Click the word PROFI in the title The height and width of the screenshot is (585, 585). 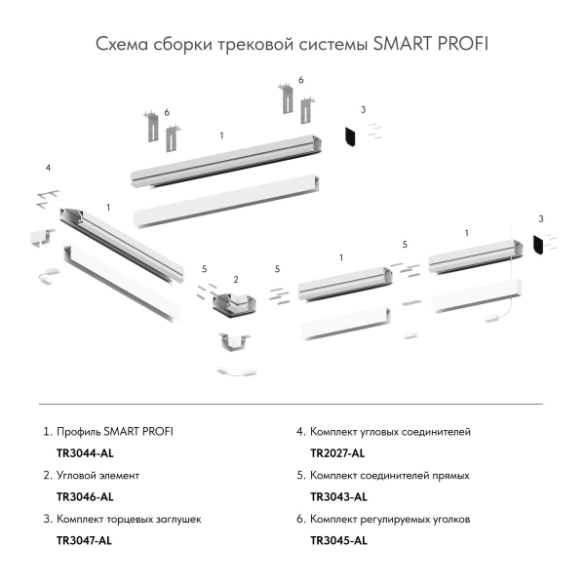[x=462, y=45]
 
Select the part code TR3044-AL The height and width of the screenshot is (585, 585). [x=86, y=452]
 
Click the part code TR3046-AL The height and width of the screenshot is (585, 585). [x=86, y=496]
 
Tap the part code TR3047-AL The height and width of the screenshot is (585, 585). [x=86, y=540]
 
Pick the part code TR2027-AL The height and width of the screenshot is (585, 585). [x=337, y=452]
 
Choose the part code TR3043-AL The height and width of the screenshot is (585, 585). [x=337, y=496]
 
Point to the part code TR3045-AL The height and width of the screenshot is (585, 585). [x=338, y=540]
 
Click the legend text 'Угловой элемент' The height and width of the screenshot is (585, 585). [x=98, y=476]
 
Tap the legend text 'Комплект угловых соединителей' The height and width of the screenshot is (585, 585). [x=390, y=430]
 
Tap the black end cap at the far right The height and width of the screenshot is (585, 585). [x=538, y=245]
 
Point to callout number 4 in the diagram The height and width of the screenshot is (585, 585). [x=48, y=170]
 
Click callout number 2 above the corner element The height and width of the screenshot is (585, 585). [x=236, y=279]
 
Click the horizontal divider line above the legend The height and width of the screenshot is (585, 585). [x=292, y=404]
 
